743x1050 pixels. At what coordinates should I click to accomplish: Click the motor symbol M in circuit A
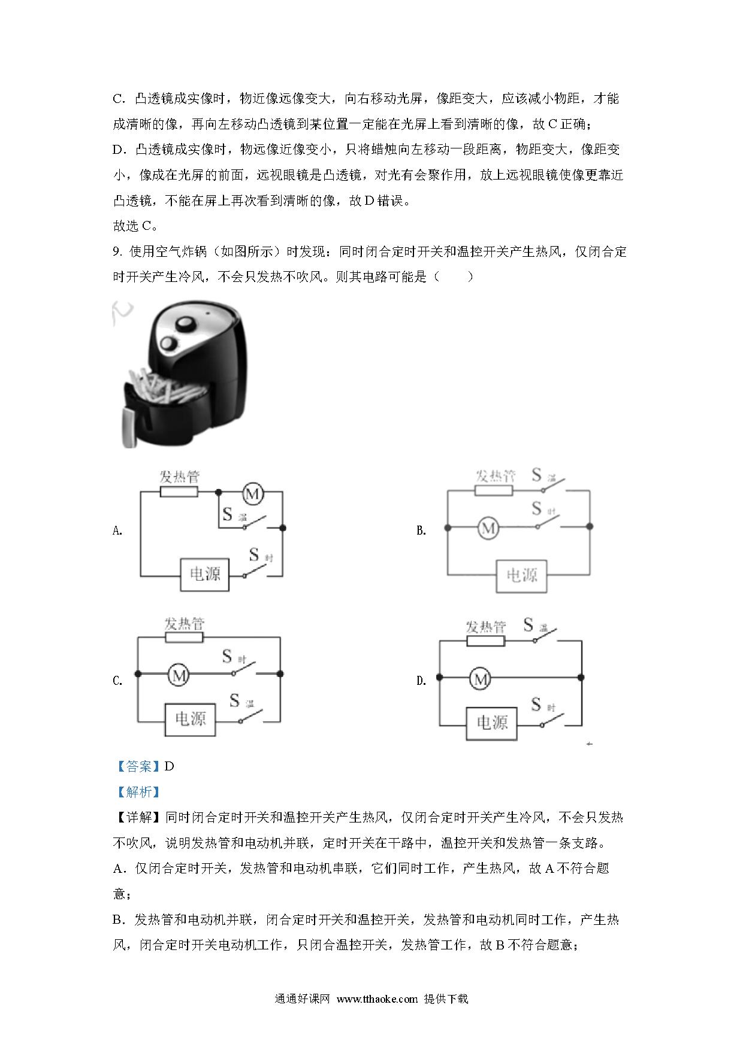[253, 494]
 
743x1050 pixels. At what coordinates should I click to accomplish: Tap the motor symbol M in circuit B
[488, 528]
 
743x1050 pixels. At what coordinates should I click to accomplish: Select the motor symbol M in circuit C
[178, 675]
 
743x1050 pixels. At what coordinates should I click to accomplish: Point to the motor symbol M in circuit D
[480, 679]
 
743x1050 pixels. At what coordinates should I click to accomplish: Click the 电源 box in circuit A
[205, 575]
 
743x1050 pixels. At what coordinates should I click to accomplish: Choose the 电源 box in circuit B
[521, 576]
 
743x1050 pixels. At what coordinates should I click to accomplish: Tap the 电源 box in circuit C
[190, 719]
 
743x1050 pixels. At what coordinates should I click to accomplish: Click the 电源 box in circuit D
[492, 723]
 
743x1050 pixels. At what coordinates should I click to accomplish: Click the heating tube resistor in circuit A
[179, 492]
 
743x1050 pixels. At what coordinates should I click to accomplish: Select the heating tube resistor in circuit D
[486, 641]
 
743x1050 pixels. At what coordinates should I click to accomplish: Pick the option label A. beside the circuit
[117, 530]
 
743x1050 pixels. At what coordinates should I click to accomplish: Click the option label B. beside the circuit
[421, 530]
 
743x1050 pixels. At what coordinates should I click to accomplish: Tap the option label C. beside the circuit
[117, 681]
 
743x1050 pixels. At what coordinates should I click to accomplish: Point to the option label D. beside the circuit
[421, 681]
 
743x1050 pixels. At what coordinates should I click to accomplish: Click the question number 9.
[117, 252]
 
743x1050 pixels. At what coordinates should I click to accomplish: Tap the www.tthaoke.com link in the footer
[377, 999]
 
